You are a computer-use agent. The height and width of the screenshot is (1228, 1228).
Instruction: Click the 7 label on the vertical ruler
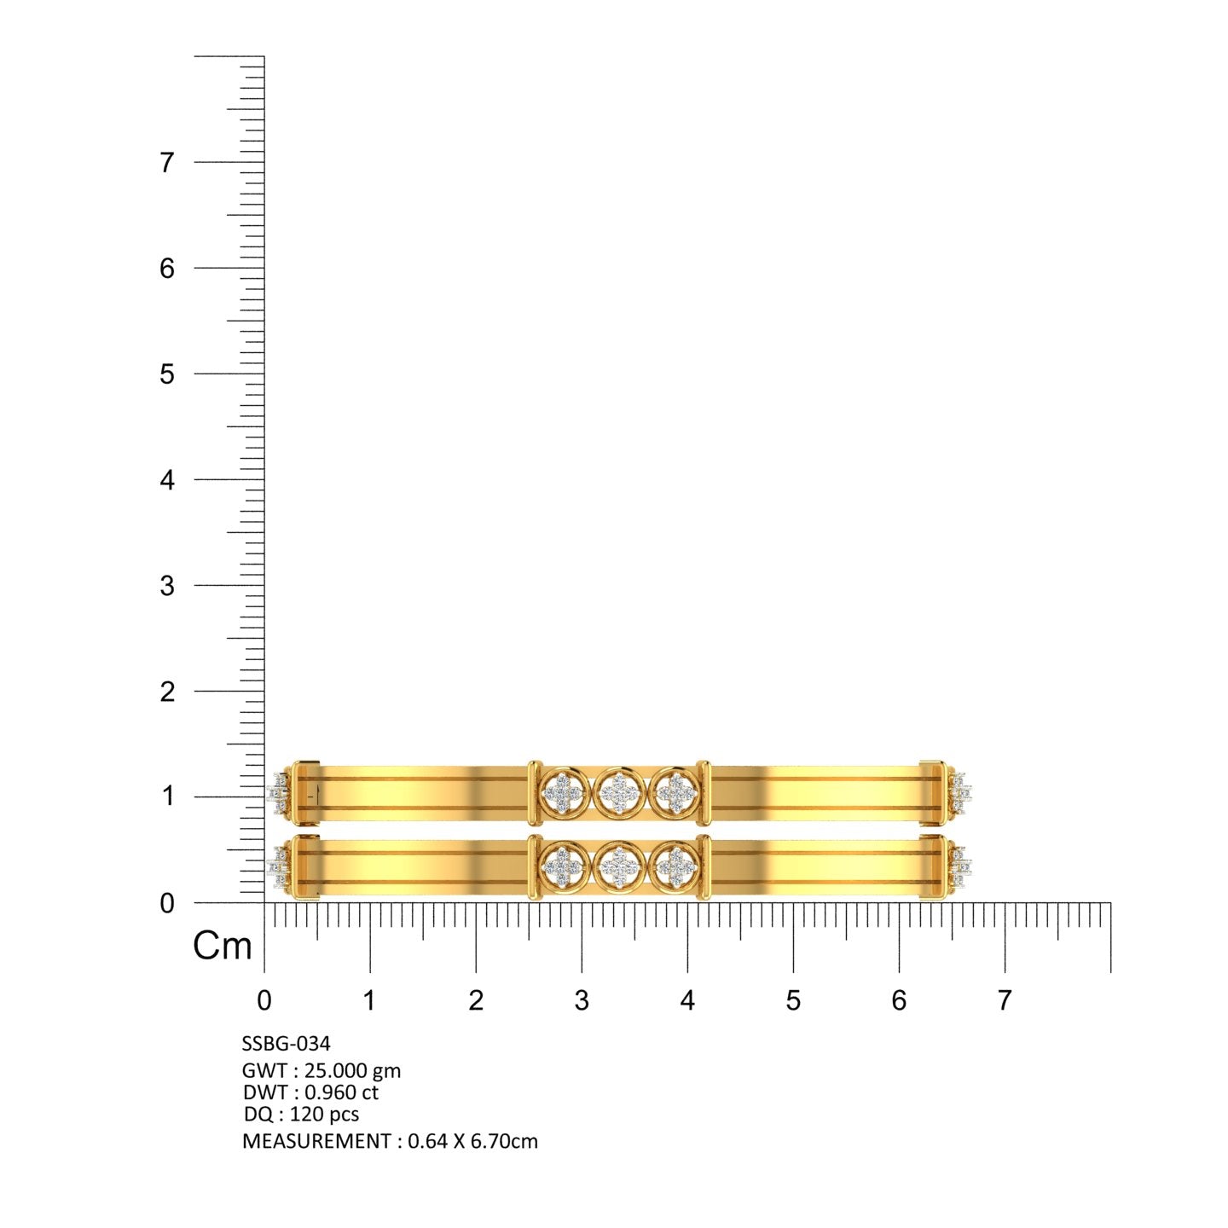[167, 163]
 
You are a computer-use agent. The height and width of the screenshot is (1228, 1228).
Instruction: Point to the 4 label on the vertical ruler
[167, 480]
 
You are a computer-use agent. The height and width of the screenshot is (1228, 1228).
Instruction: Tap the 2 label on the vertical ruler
[167, 692]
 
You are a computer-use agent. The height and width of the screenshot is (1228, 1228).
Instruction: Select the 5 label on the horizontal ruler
[793, 1000]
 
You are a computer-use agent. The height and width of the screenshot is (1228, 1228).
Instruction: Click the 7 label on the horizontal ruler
[1005, 1000]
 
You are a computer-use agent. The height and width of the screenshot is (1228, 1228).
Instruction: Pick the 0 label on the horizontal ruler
[264, 1000]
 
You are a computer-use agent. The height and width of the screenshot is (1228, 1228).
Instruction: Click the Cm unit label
[223, 946]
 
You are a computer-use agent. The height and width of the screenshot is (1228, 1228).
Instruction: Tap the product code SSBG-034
[287, 1044]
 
